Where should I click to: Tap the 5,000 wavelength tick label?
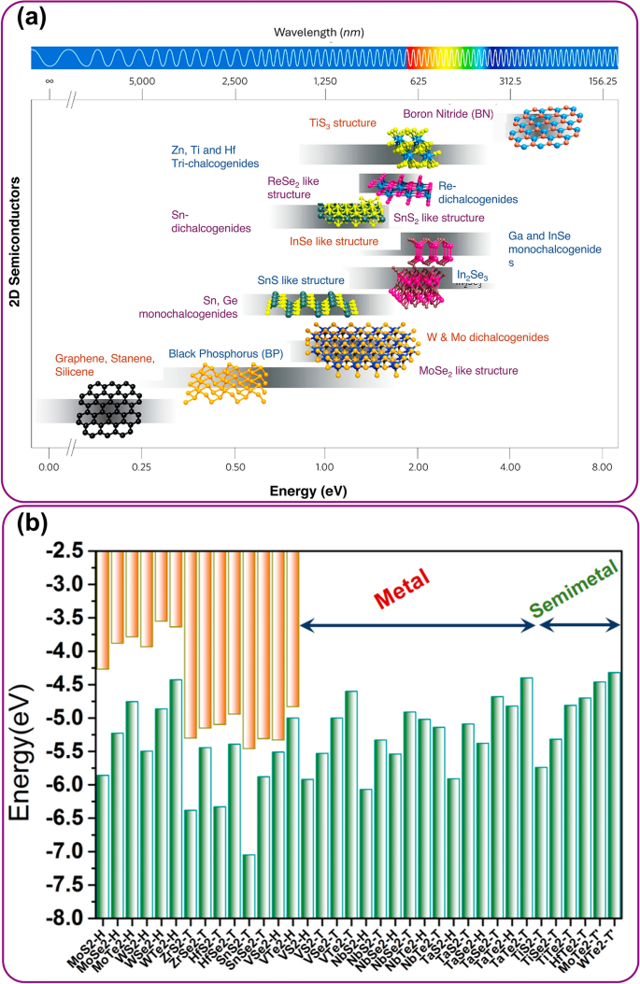(x=142, y=82)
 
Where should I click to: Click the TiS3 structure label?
(x=342, y=123)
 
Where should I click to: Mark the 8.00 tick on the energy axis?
(x=602, y=464)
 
